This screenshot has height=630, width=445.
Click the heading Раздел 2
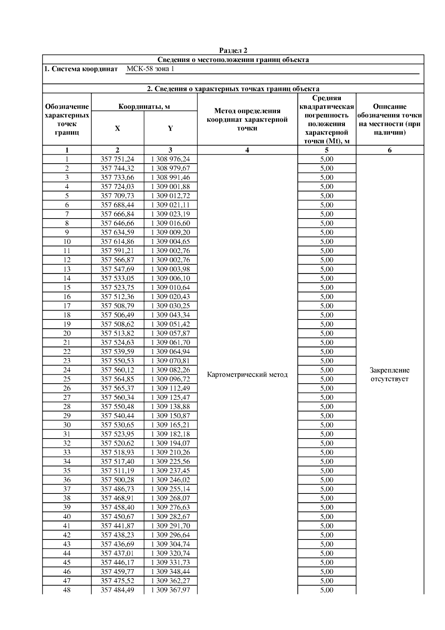(x=233, y=50)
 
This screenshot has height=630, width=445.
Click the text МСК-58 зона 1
(x=150, y=69)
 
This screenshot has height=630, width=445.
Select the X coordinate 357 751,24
(x=117, y=159)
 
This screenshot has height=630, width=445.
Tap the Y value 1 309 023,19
(x=170, y=214)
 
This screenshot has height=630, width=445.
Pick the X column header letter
(x=117, y=128)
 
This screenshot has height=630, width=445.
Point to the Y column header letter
(x=170, y=128)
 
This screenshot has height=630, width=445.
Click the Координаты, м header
(x=144, y=107)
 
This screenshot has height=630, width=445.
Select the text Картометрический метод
(x=247, y=374)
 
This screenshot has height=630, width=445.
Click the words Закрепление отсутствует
(x=389, y=374)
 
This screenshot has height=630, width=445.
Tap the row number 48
(x=67, y=590)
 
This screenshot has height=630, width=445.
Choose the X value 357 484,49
(x=117, y=590)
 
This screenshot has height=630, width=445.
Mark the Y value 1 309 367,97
(x=170, y=590)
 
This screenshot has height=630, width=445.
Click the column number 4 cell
(x=247, y=150)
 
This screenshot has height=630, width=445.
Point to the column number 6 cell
(x=389, y=150)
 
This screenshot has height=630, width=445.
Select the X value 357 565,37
(x=117, y=388)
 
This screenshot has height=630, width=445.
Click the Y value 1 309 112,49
(x=170, y=388)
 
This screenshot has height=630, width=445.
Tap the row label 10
(x=67, y=242)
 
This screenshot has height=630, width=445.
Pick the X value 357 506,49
(x=117, y=315)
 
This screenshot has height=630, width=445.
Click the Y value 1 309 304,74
(x=170, y=544)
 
